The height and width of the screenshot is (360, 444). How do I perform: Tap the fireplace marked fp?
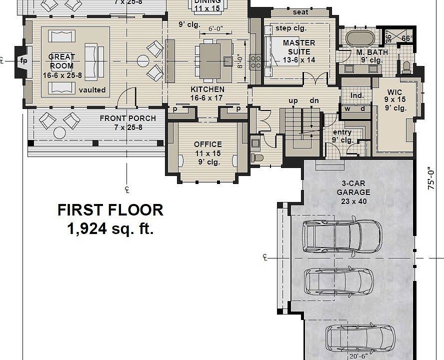[23, 61]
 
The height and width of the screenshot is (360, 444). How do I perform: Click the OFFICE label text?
[207, 144]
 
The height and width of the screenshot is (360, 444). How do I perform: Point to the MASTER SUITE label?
[299, 47]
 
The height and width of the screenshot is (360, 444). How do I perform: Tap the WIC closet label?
[394, 92]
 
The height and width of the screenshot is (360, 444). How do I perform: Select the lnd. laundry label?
[356, 95]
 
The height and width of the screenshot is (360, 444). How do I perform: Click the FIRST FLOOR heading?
[110, 210]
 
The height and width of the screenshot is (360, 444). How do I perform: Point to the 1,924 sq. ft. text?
[110, 229]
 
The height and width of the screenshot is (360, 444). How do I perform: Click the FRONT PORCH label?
[127, 118]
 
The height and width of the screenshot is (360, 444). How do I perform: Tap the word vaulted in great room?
[92, 90]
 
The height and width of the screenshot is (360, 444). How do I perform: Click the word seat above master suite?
[300, 12]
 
